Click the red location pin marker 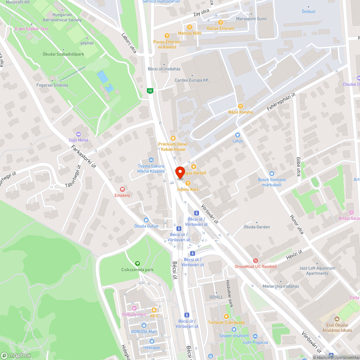pos(180,172)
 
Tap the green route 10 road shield pos(150,90)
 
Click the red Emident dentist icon pos(122,189)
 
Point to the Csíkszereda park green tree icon pos(137,264)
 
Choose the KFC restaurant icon pos(154,310)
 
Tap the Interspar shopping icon pos(152,342)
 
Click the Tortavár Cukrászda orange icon pos(226,316)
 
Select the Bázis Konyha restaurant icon pos(240,106)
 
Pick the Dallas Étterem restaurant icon pos(221,22)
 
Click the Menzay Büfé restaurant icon pos(189,27)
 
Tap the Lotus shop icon pos(238,135)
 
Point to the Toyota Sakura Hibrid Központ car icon pos(151,160)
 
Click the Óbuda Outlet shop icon pos(146,220)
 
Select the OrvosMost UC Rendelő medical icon pos(256,261)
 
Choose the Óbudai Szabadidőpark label pos(63,54)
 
